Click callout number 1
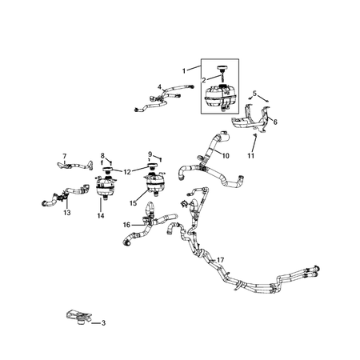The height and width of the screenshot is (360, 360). coord(185,70)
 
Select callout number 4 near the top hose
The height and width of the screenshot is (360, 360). coord(159,87)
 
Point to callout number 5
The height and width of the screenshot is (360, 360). coord(254,94)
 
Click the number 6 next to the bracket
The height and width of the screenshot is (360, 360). coord(275,122)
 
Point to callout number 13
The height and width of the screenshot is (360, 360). coord(66,213)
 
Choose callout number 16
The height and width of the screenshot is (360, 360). coord(126,225)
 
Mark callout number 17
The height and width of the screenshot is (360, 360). coord(220,259)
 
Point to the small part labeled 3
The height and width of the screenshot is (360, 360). coord(77,318)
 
